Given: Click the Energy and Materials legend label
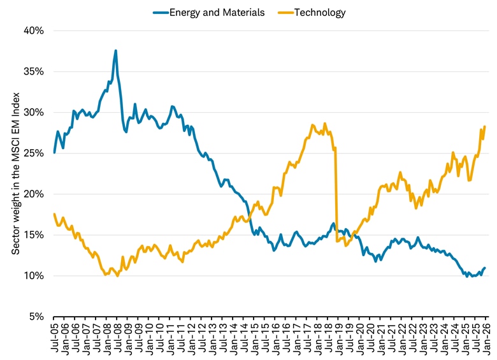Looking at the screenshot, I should (217, 12).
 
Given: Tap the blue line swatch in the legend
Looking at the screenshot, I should (159, 12).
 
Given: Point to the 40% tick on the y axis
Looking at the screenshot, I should (34, 31).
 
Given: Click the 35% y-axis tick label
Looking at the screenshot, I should (34, 71).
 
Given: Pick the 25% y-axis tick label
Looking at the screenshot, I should (34, 153).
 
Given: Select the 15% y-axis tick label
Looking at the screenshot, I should (34, 235).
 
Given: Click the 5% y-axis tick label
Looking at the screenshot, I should (36, 317).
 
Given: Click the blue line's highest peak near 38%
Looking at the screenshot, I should (115, 50).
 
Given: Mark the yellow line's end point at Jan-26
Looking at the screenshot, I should (485, 126).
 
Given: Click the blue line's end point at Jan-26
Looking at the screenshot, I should (485, 268).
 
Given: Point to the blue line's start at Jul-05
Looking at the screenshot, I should (54, 152).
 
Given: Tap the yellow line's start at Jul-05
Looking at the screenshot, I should (54, 214).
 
